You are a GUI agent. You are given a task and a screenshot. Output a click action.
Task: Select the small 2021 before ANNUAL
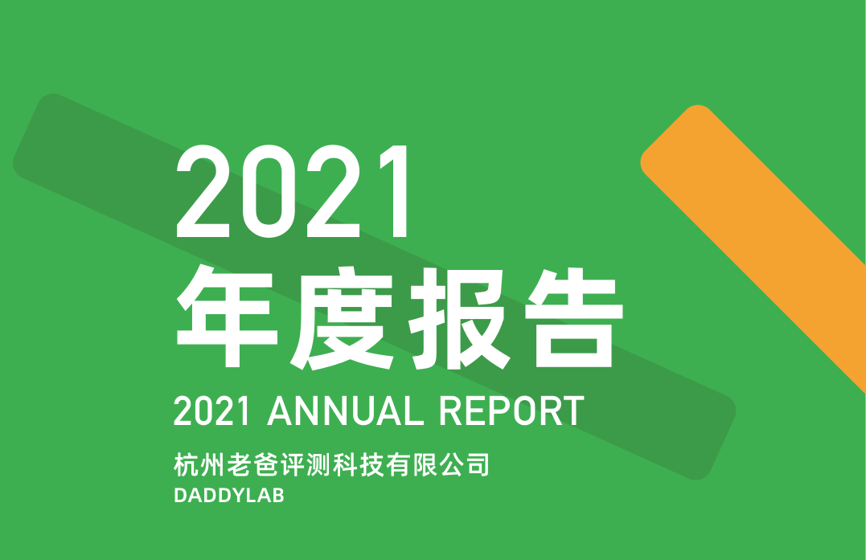pos(211,411)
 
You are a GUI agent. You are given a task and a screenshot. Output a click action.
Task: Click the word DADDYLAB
pos(229,496)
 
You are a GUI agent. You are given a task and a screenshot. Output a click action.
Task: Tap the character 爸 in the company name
pos(266,464)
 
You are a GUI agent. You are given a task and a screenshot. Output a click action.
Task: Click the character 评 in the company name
pos(293,464)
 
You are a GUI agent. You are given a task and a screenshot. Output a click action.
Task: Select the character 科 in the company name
pos(346,464)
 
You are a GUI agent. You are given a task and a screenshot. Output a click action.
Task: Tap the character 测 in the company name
pos(319,464)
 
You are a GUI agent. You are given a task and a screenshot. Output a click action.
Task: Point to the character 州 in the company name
pos(212,464)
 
